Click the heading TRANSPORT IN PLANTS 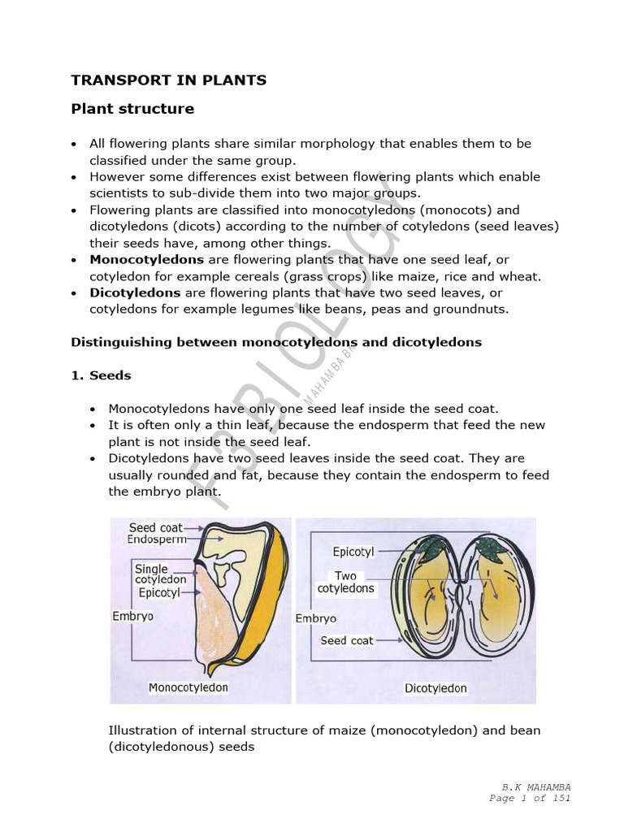tap(168, 80)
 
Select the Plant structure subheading tap(132, 109)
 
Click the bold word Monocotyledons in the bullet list tap(147, 259)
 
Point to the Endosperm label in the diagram tap(157, 539)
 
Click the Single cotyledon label tap(160, 574)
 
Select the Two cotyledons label tap(346, 582)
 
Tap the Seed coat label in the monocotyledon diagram tap(156, 527)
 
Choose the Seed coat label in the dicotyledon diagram tap(347, 640)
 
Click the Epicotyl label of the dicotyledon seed tap(353, 552)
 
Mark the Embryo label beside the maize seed tap(132, 617)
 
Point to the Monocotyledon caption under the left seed tap(188, 687)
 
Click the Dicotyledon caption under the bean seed tap(435, 688)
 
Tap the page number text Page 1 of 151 tap(530, 798)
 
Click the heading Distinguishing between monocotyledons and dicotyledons tap(276, 342)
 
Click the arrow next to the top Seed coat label tap(194, 527)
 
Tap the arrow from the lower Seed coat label tap(389, 640)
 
